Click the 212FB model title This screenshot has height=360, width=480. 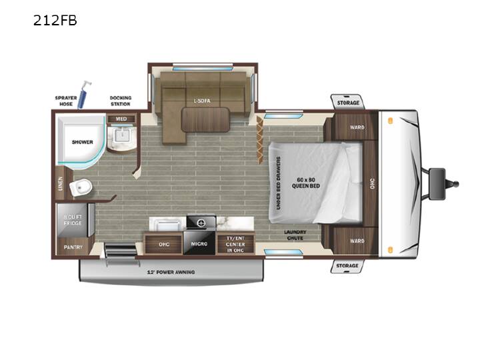click(55, 21)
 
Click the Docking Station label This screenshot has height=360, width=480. click(121, 101)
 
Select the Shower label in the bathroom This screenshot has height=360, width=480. click(83, 142)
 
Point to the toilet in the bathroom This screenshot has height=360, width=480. click(81, 187)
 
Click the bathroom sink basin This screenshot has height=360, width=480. click(122, 135)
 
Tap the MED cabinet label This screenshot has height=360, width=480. click(121, 119)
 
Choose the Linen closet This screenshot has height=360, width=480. click(60, 183)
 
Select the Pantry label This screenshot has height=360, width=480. click(73, 247)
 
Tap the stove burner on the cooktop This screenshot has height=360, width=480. click(201, 223)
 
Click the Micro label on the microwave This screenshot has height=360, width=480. click(199, 244)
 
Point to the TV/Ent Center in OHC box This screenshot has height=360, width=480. click(235, 244)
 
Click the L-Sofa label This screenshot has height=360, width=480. click(202, 101)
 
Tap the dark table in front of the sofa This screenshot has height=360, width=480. click(205, 119)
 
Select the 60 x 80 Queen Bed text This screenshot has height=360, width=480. click(306, 183)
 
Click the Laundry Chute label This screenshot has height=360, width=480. click(295, 235)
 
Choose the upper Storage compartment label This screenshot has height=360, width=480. click(348, 103)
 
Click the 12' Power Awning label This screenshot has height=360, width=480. click(171, 272)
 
